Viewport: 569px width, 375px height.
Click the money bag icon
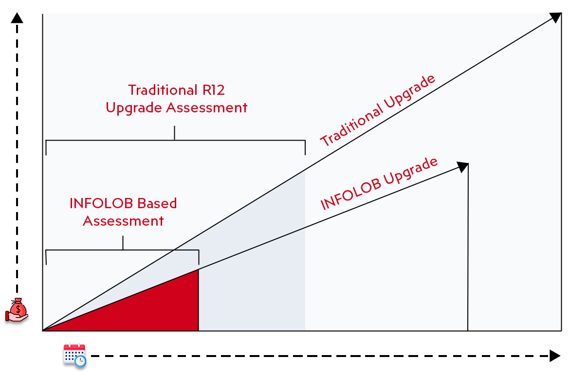(18, 312)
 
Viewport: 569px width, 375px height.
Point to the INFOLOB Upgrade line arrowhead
(462, 167)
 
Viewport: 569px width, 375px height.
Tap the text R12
(212, 90)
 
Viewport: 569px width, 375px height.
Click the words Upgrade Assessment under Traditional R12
(176, 107)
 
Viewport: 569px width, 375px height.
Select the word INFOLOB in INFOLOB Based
(102, 203)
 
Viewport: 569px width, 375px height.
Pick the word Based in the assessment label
(157, 203)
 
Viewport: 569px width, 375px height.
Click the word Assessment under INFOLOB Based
(123, 221)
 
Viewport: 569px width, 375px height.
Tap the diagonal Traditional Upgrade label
(378, 110)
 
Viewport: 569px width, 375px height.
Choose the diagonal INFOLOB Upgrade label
(379, 184)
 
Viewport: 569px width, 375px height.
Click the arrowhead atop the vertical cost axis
(18, 18)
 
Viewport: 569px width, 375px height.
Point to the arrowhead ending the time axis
(555, 356)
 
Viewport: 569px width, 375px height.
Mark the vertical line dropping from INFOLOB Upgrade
(468, 253)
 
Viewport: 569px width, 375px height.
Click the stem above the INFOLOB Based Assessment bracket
(123, 243)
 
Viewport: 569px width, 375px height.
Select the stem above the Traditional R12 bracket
(174, 133)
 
